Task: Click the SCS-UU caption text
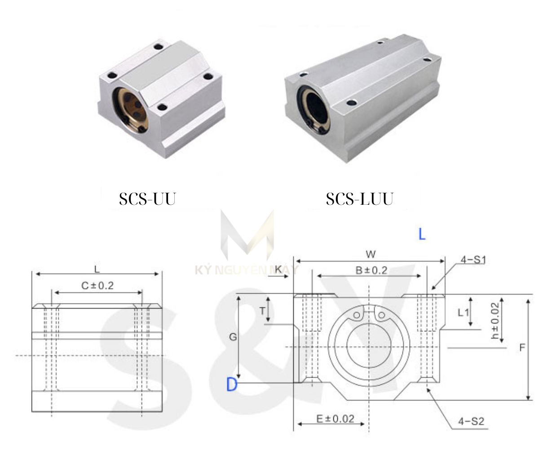click(147, 199)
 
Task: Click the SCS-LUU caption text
click(359, 199)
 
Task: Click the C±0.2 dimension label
click(97, 285)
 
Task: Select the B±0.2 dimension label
click(371, 270)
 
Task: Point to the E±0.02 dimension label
click(335, 419)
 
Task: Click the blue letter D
click(232, 384)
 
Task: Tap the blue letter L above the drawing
click(422, 234)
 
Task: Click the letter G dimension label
click(233, 337)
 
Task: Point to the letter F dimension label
click(522, 348)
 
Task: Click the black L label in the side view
click(97, 269)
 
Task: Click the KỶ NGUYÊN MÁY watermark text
click(246, 270)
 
